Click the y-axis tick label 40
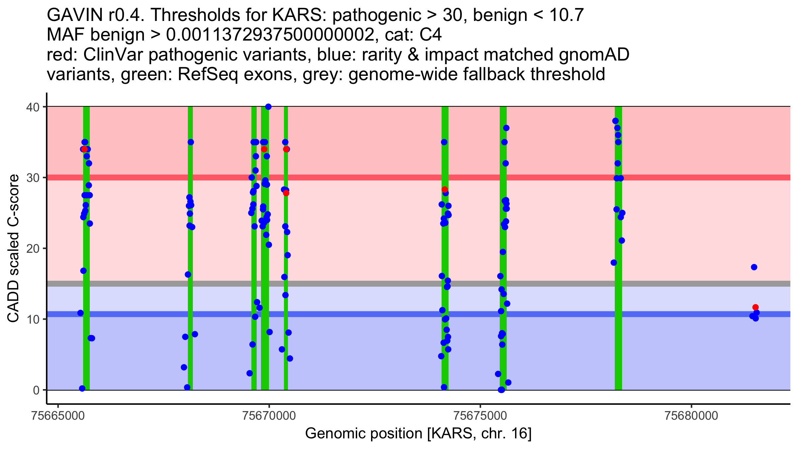pos(33,107)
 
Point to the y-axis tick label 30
pos(33,178)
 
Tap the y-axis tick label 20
pos(33,249)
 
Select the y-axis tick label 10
pos(33,320)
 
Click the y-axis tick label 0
pos(36,390)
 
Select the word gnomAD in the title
pos(594,55)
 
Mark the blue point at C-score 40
pos(268,107)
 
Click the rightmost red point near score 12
pos(755,307)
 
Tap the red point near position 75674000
pos(445,190)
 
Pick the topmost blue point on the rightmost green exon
pos(615,121)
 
